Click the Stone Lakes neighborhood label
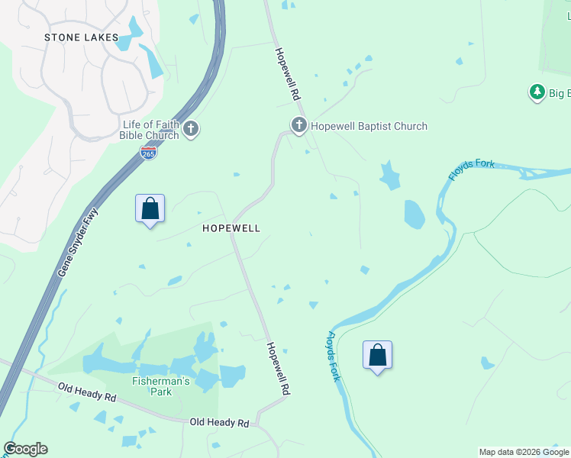[x=82, y=37]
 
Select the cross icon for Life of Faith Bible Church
[x=191, y=129]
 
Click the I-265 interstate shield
[x=149, y=153]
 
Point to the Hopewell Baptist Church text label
[x=369, y=126]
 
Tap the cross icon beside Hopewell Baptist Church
[x=298, y=124]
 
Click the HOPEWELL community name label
[x=231, y=228]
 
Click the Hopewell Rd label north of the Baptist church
[x=286, y=74]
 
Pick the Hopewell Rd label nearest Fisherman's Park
[x=278, y=367]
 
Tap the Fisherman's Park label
[x=162, y=386]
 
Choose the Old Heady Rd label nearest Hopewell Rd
[x=219, y=422]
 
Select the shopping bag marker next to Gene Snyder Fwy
[x=150, y=208]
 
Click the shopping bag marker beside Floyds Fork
[x=377, y=355]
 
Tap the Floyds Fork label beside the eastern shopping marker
[x=334, y=356]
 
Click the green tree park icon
[x=537, y=92]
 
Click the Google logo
[x=25, y=449]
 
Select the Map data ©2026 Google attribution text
[x=523, y=452]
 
